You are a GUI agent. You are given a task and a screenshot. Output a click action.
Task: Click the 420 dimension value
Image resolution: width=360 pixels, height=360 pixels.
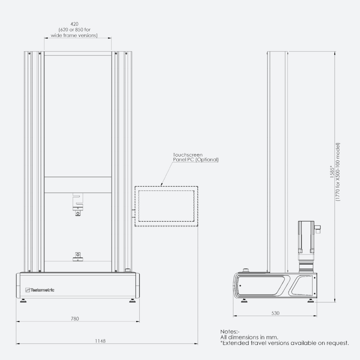click(74, 24)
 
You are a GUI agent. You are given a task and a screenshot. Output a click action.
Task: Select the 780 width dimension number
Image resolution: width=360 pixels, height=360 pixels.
click(75, 319)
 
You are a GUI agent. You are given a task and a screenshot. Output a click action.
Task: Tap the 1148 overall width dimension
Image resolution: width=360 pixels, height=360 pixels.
click(100, 341)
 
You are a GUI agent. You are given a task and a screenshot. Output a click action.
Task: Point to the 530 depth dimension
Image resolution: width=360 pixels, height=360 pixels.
click(275, 313)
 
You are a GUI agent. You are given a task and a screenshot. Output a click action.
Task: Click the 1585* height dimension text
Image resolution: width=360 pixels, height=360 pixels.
click(332, 172)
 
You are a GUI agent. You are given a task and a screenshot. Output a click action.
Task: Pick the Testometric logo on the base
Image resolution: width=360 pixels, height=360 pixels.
click(40, 290)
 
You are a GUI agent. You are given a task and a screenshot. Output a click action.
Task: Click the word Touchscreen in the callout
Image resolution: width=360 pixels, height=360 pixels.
click(188, 155)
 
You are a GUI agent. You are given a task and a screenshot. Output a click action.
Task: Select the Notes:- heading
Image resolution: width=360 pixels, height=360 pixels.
click(230, 331)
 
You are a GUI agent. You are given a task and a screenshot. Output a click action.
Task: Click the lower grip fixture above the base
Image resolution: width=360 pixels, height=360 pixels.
click(78, 257)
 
